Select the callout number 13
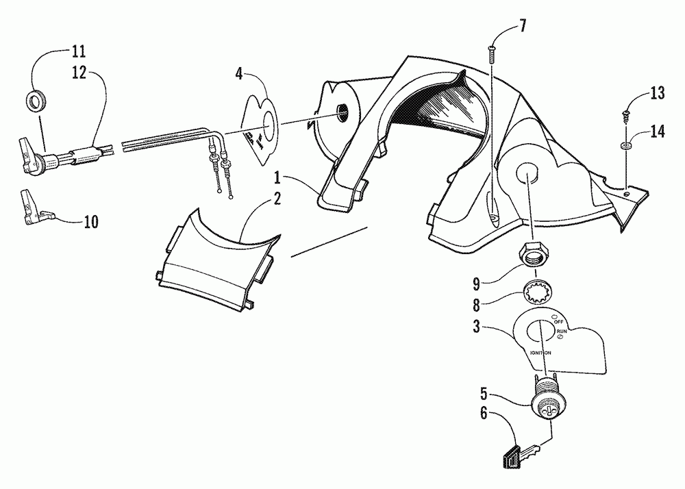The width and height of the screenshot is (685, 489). coord(658,94)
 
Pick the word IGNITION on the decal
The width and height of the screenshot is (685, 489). coord(540,353)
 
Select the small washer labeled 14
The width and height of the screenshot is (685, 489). coord(625,146)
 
